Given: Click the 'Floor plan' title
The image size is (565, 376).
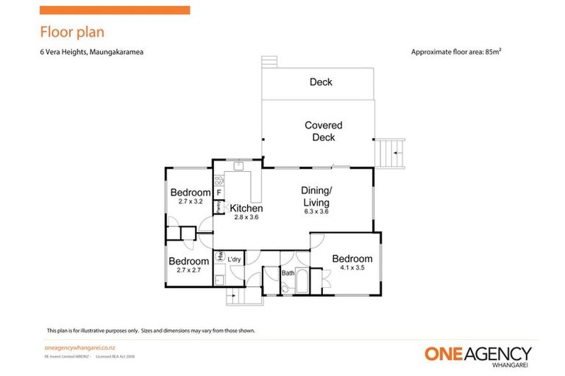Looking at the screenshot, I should pyautogui.click(x=71, y=32).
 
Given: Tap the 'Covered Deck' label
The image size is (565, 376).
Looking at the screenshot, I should pyautogui.click(x=324, y=131).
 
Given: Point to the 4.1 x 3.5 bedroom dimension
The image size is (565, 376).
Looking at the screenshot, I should pyautogui.click(x=352, y=269).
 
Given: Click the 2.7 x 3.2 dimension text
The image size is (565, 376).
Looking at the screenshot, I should pyautogui.click(x=190, y=201).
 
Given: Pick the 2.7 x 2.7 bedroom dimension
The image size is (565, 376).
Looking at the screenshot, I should pyautogui.click(x=189, y=270).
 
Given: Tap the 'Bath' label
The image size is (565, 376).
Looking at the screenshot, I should pyautogui.click(x=288, y=274).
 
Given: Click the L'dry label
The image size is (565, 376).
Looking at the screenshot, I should pyautogui.click(x=235, y=260).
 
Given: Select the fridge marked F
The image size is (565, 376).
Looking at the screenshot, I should pyautogui.click(x=218, y=193).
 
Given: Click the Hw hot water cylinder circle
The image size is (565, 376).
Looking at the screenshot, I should pyautogui.click(x=219, y=257).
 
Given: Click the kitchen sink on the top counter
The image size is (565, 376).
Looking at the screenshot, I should pyautogui.click(x=239, y=166).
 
